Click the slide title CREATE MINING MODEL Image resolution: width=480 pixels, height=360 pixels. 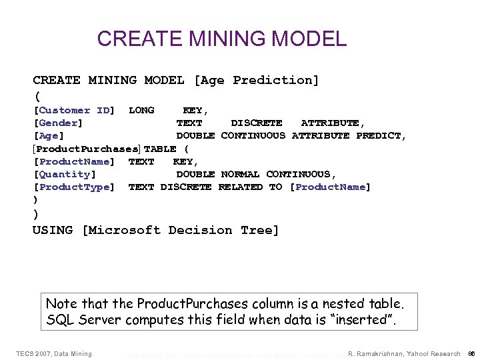click(222, 39)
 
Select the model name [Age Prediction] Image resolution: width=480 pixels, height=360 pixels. click(257, 80)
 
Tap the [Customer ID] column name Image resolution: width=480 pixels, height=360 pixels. click(74, 110)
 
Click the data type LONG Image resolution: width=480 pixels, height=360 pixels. click(141, 110)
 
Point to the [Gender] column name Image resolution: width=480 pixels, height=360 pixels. click(58, 123)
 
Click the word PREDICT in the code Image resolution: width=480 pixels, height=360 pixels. click(381, 135)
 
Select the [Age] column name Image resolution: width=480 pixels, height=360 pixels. click(49, 135)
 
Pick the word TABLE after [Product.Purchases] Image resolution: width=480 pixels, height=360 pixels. click(160, 149)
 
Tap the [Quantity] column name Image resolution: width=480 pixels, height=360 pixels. click(64, 174)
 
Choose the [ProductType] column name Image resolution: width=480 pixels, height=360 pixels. click(74, 187)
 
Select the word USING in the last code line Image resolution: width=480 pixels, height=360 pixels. click(53, 230)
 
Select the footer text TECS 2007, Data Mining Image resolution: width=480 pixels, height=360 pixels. click(54, 353)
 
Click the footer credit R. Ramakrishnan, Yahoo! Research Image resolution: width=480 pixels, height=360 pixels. click(405, 353)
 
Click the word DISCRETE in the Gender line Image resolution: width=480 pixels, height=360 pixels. click(257, 123)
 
